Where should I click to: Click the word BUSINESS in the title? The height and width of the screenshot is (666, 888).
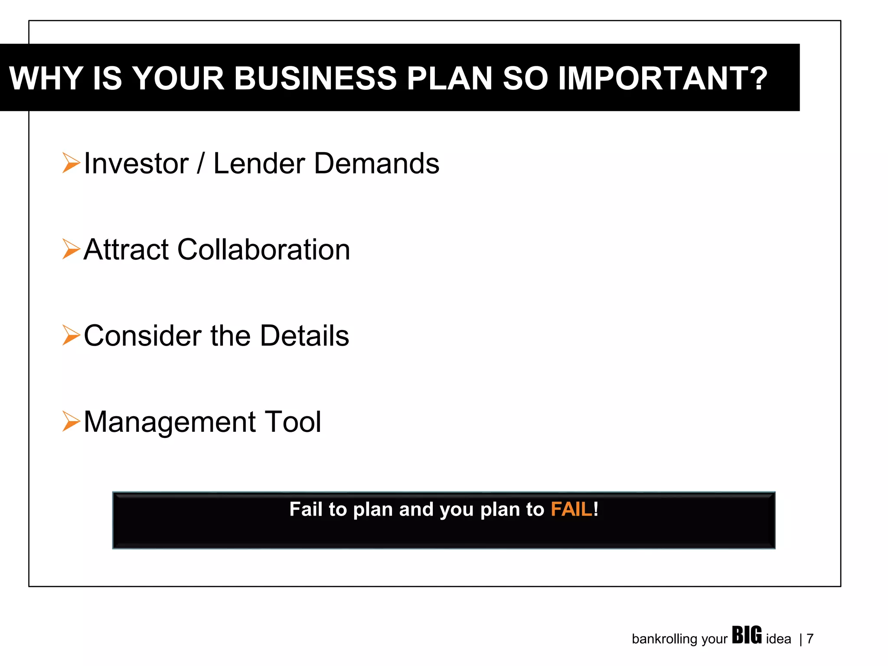tap(315, 78)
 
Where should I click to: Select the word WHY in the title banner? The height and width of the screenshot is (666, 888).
tap(46, 78)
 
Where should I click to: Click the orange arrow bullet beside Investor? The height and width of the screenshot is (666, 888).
tap(71, 163)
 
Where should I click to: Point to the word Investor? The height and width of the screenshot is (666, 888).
tap(136, 163)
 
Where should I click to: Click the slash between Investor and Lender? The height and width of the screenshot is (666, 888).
tap(200, 163)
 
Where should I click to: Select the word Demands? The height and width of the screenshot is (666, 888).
tap(376, 163)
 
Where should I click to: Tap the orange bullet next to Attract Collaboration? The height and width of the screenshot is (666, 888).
tap(71, 249)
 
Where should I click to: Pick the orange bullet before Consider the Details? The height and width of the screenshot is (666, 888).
tap(71, 335)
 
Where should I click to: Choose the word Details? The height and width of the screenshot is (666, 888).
tap(304, 336)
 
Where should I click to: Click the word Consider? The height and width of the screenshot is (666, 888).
tap(143, 336)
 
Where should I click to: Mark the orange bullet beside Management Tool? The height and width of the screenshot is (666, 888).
tap(71, 421)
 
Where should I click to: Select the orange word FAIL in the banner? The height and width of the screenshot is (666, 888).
tap(571, 509)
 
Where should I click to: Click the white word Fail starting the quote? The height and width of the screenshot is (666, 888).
tap(306, 509)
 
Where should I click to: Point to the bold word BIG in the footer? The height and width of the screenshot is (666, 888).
tap(747, 635)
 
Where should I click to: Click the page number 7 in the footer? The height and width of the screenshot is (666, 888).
tap(810, 639)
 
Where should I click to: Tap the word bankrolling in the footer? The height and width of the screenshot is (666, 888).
tap(664, 639)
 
